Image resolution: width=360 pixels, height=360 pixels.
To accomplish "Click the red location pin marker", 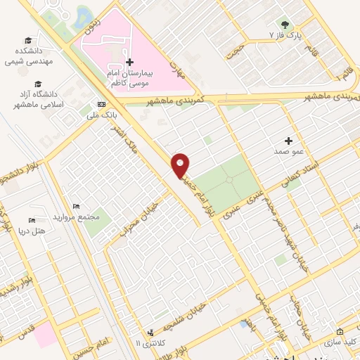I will [x=181, y=164].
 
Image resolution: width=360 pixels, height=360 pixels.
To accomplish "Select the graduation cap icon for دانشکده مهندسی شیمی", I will [x=27, y=41].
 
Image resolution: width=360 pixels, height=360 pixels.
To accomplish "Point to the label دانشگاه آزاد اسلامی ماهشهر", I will [x=35, y=98].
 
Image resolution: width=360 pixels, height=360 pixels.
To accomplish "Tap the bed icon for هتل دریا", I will [x=31, y=220].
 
